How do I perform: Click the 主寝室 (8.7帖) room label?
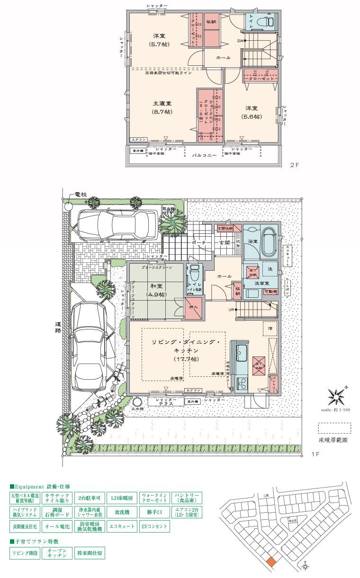click(x=162, y=107)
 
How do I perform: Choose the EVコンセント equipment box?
click(x=154, y=526)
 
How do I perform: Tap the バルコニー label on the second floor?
click(x=204, y=155)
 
